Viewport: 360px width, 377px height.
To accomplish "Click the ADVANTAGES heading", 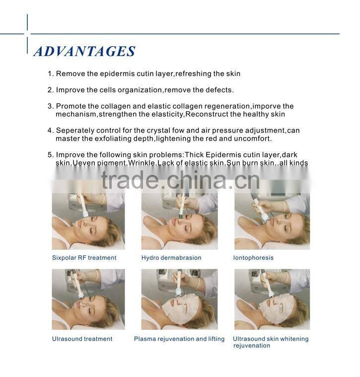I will (84, 51).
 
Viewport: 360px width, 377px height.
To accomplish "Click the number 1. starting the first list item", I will (50, 74).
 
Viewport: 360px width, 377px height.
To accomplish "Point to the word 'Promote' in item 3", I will (70, 106).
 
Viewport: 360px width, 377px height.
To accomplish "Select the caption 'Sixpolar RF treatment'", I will (84, 258).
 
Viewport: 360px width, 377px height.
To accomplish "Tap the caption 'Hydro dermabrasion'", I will (171, 258).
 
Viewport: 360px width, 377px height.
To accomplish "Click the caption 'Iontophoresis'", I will (253, 258).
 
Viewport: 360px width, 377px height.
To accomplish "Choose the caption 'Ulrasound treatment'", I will (82, 339).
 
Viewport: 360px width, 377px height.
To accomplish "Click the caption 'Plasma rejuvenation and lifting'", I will (179, 339).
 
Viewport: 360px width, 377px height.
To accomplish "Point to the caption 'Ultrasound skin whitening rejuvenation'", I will (271, 342).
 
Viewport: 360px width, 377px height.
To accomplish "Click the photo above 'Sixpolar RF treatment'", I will (88, 221).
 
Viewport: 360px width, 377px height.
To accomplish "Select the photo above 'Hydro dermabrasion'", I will (179, 221).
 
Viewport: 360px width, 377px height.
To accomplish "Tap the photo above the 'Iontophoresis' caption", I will (272, 221).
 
